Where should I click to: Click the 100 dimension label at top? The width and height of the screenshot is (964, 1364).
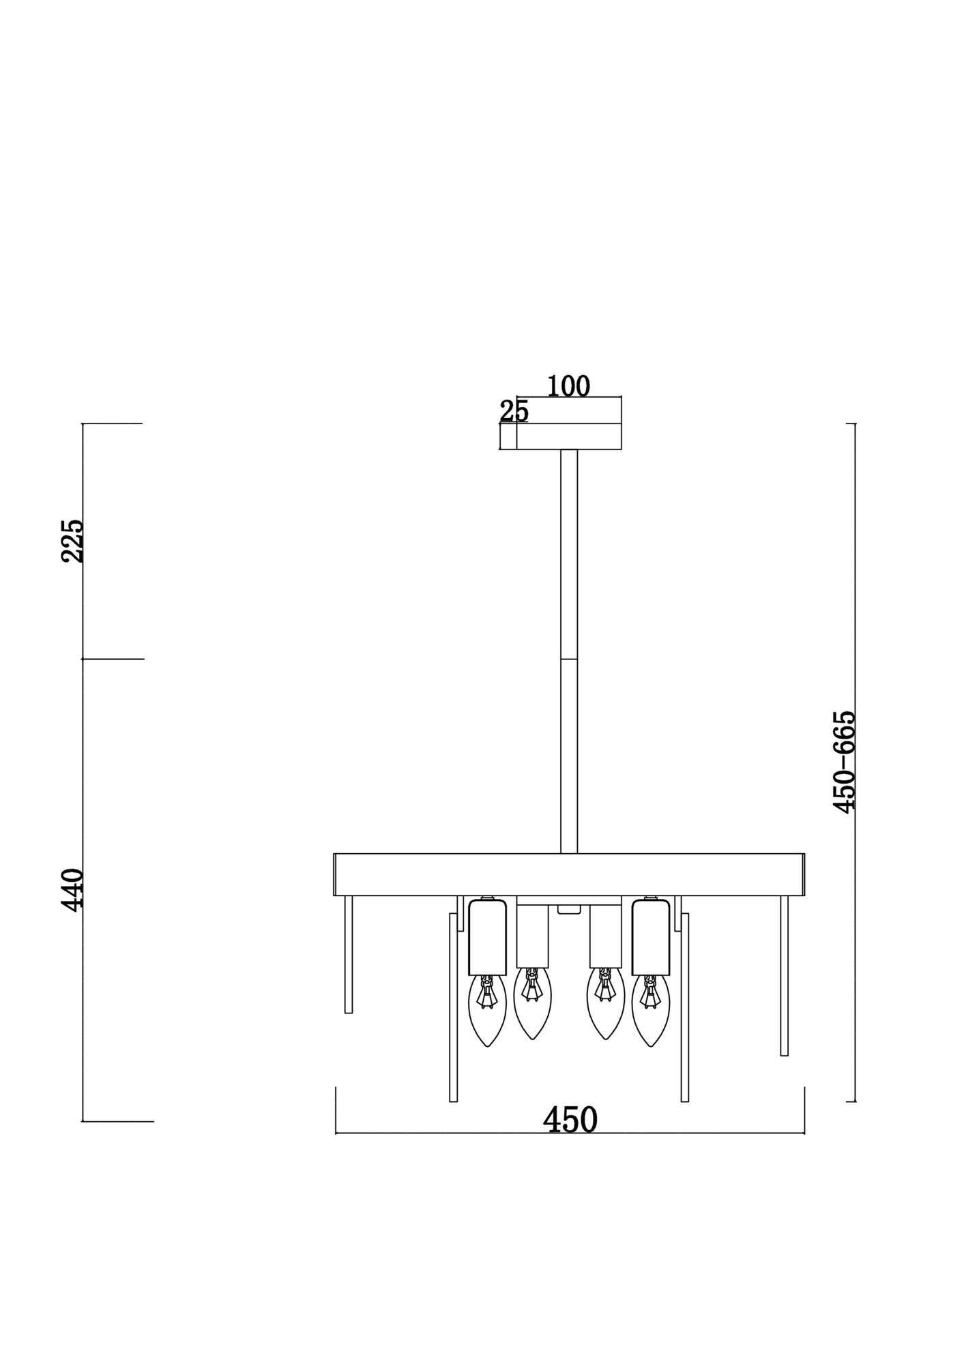[x=568, y=387]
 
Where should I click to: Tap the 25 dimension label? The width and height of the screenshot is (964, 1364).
[x=514, y=411]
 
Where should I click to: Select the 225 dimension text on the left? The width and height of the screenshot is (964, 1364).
[x=72, y=541]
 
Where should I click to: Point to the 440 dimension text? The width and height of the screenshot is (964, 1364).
[x=72, y=889]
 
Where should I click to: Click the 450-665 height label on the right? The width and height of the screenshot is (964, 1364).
[x=845, y=762]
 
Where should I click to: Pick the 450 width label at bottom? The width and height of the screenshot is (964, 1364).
[x=570, y=1120]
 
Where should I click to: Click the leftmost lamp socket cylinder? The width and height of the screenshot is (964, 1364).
[x=487, y=936]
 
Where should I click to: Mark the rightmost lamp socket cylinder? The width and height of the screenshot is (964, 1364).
[x=650, y=936]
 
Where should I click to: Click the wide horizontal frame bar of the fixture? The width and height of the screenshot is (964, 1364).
[x=568, y=874]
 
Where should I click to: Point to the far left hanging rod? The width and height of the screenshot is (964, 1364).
[x=349, y=955]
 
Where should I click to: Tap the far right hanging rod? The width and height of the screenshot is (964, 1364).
[x=784, y=975]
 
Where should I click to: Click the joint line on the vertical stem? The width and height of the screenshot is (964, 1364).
[x=569, y=659]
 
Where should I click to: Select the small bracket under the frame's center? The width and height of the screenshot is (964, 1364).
[x=569, y=909]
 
